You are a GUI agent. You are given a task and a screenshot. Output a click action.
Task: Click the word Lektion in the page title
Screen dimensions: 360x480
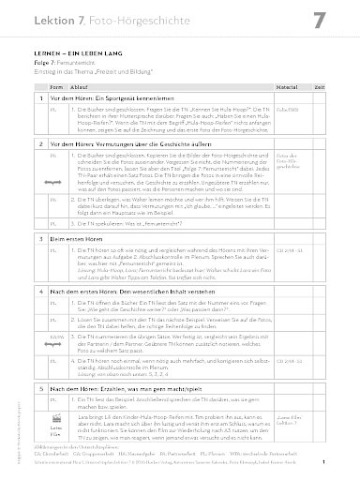tap(41, 20)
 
